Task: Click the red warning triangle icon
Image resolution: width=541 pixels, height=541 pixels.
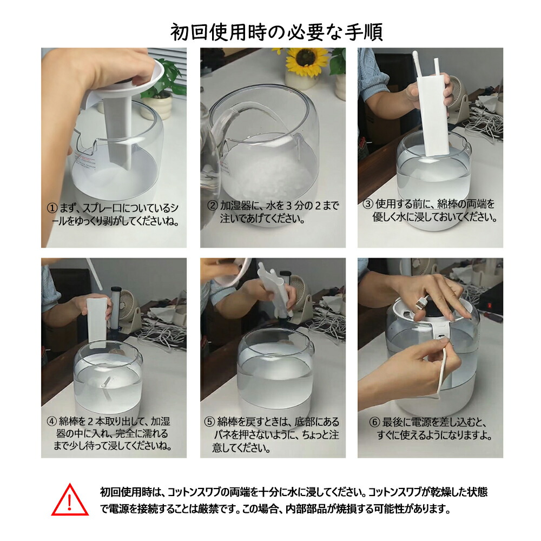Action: coord(70,500)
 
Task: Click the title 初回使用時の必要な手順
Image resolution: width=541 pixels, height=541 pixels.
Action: coord(276,32)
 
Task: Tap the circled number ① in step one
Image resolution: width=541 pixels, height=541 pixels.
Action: coord(52,208)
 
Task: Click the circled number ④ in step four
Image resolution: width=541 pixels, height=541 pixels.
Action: coord(52,421)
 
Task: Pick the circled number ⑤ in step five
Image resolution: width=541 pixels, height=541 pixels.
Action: coord(209,422)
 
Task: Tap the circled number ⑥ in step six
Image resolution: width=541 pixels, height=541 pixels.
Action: coord(375,423)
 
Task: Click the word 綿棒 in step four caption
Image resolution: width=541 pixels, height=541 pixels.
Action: coord(68,421)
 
